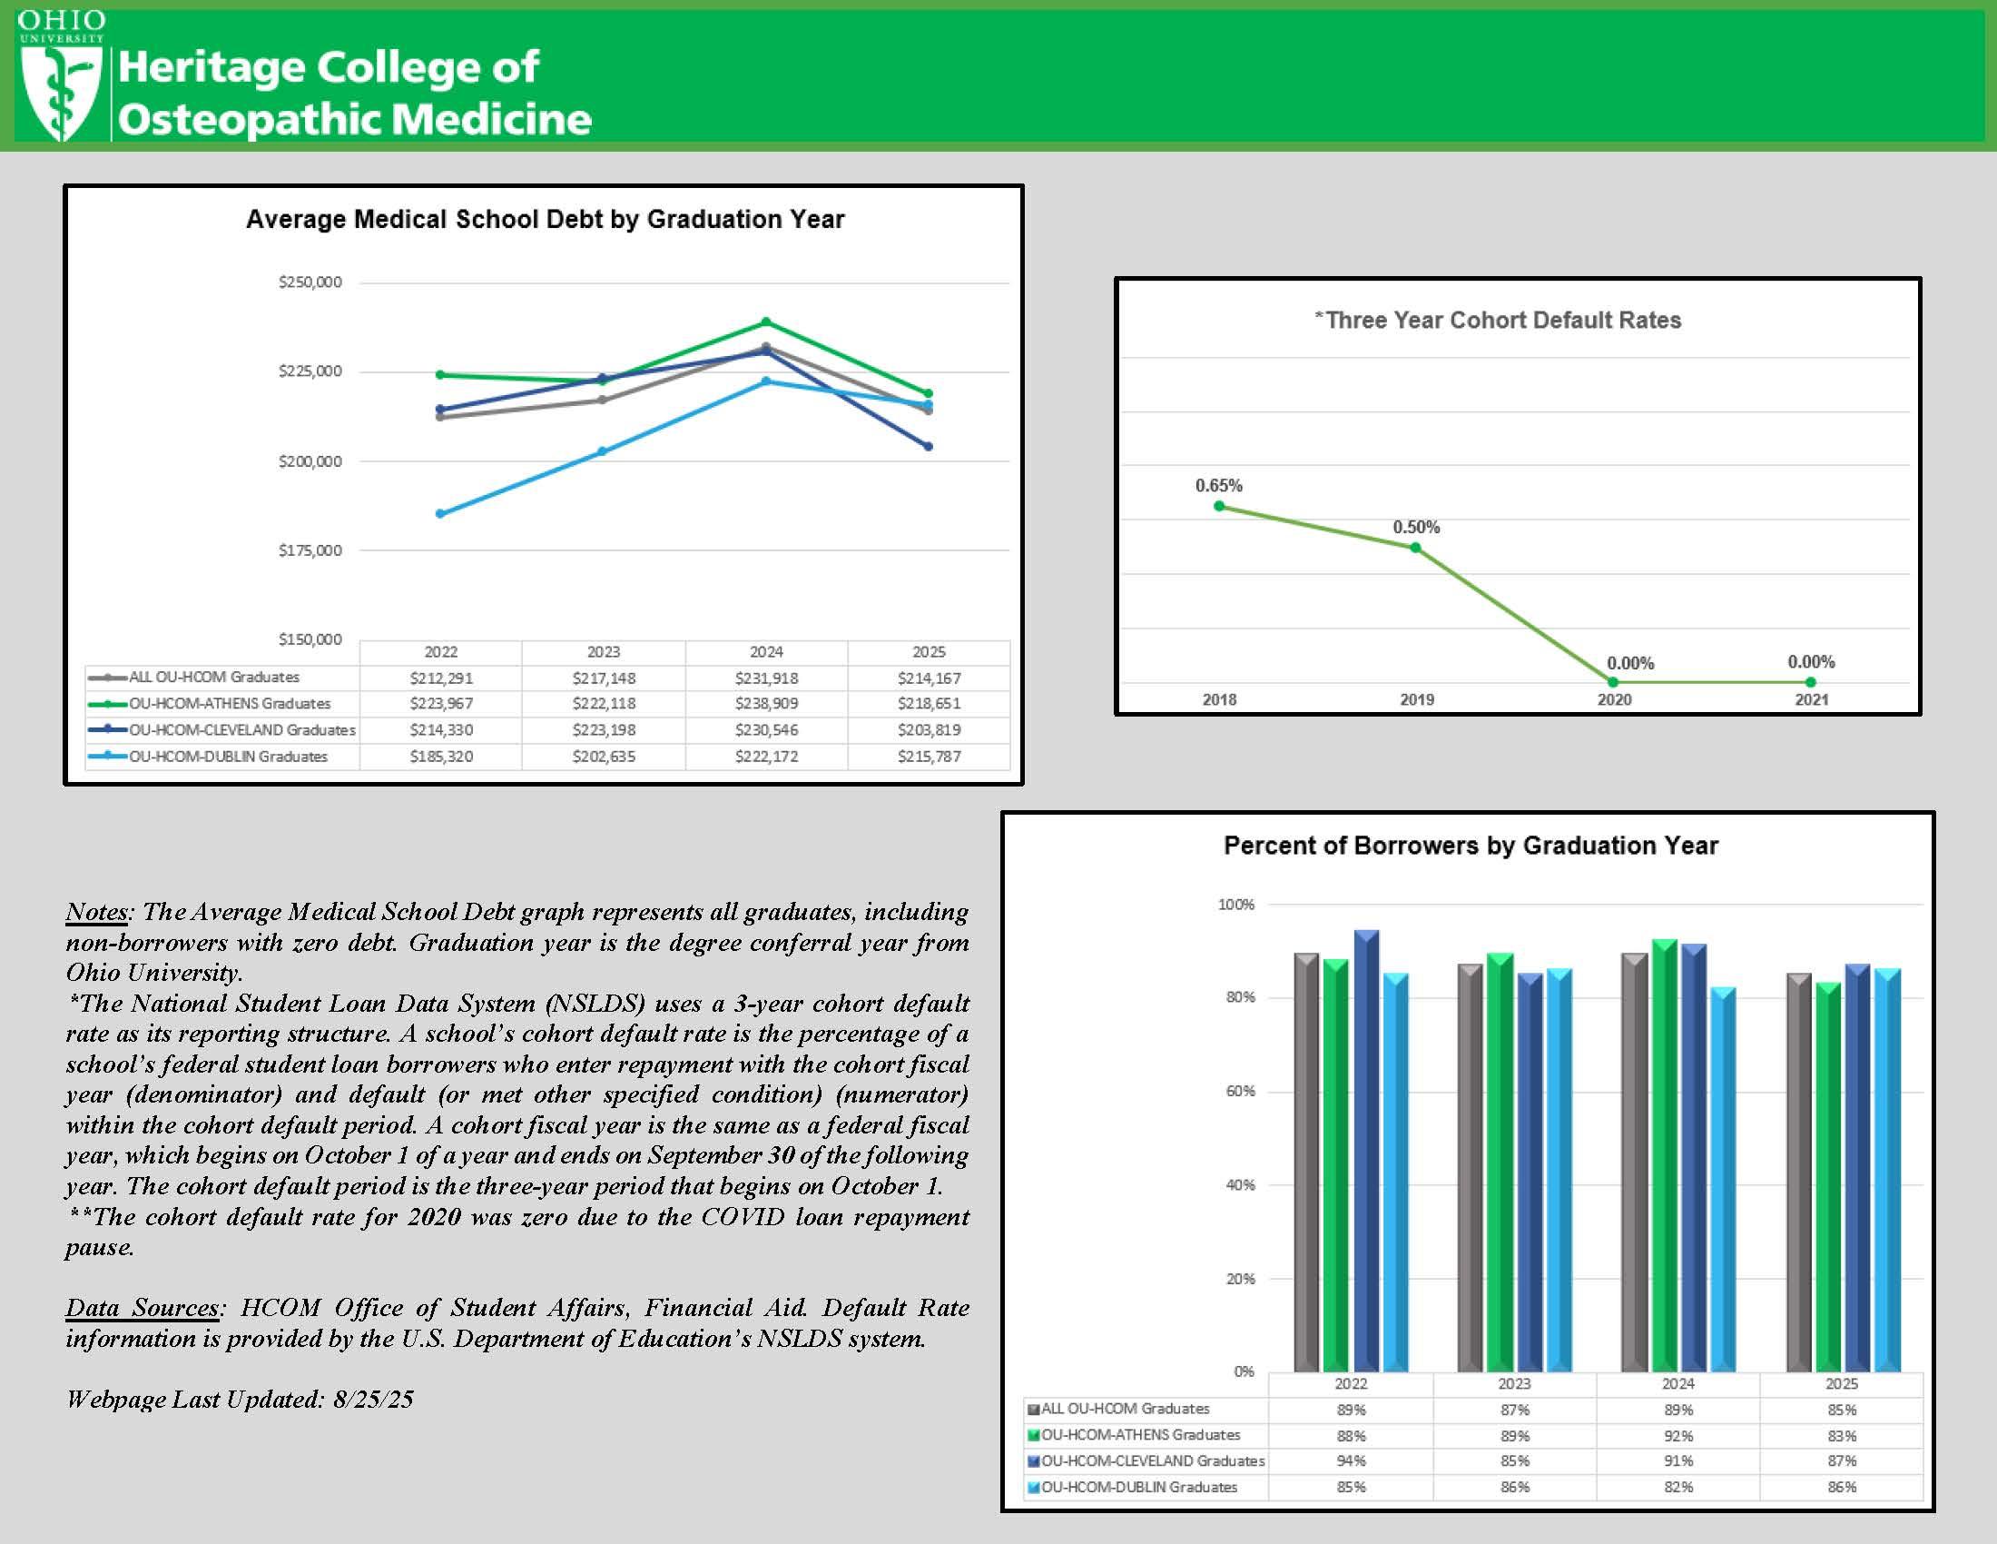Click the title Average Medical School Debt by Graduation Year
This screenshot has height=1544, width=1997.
point(545,220)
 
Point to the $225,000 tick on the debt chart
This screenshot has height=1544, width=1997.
point(310,371)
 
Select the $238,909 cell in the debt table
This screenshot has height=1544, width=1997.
point(766,703)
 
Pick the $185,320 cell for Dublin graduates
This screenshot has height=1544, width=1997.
point(441,757)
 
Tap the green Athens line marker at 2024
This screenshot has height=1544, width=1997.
point(766,322)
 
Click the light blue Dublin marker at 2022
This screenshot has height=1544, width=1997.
point(441,514)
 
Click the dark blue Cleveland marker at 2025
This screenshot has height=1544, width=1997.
point(929,446)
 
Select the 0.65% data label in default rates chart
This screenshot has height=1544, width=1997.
point(1218,486)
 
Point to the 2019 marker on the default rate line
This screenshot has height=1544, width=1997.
point(1415,548)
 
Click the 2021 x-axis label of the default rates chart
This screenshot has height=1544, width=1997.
point(1812,699)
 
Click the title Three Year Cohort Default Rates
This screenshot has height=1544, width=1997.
point(1498,320)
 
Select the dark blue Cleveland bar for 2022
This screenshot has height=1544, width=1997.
point(1366,1153)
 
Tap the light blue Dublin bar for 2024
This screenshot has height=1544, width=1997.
point(1723,1180)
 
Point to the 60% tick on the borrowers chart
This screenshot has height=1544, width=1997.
point(1240,1091)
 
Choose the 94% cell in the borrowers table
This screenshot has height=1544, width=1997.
point(1351,1460)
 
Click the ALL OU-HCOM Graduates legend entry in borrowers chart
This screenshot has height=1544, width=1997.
point(1125,1409)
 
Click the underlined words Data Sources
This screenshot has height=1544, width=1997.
point(143,1308)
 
